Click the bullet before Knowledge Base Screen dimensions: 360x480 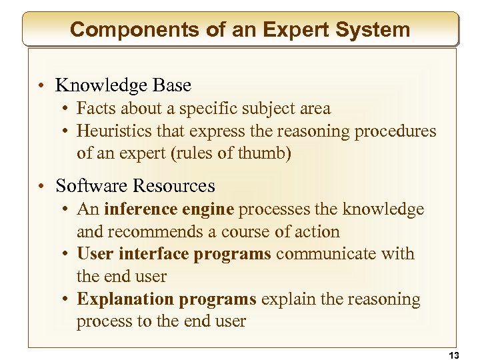[x=42, y=86]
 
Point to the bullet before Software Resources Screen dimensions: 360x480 [x=42, y=186]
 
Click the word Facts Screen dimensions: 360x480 [x=94, y=108]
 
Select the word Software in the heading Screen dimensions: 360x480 [x=91, y=185]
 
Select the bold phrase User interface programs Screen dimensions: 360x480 [x=175, y=254]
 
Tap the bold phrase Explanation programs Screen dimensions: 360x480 [x=167, y=299]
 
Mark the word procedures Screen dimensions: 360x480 [x=395, y=131]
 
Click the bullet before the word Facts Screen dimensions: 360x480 [x=68, y=109]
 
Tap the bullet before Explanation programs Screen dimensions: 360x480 [x=68, y=300]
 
